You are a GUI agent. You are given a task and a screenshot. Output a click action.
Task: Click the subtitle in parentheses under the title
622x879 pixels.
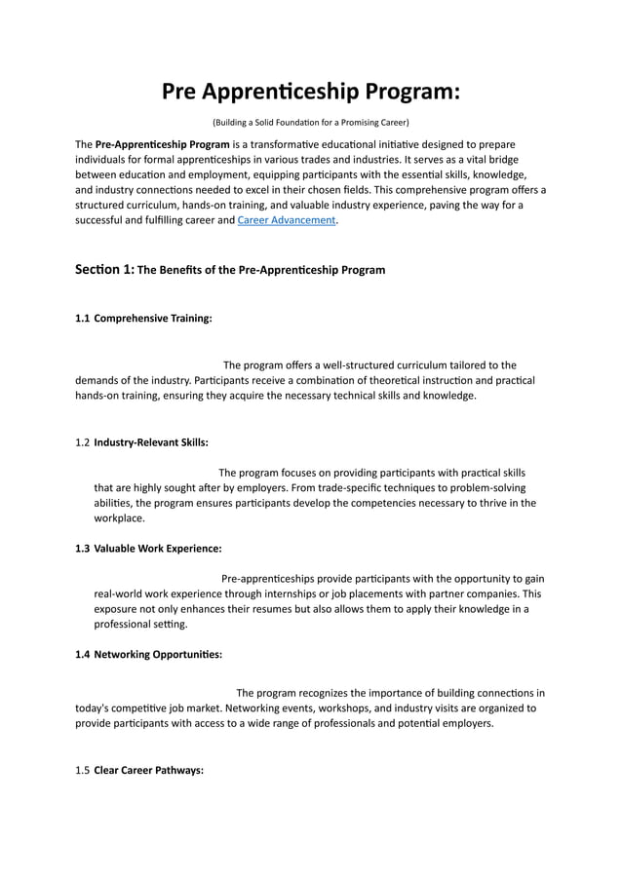pyautogui.click(x=310, y=123)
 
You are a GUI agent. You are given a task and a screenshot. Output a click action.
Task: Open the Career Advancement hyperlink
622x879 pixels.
pyautogui.click(x=287, y=221)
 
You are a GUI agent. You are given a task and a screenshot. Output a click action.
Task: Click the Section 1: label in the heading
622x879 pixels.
pyautogui.click(x=104, y=269)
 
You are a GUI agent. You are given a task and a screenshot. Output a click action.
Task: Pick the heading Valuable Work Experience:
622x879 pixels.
pyautogui.click(x=158, y=548)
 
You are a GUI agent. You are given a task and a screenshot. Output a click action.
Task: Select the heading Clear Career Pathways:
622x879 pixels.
pyautogui.click(x=148, y=770)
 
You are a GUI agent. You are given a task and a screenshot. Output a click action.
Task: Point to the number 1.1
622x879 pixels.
pyautogui.click(x=83, y=318)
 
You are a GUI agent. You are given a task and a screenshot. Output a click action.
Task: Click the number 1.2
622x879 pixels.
pyautogui.click(x=83, y=441)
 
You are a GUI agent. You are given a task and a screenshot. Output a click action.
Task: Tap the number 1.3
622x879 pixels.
pyautogui.click(x=83, y=548)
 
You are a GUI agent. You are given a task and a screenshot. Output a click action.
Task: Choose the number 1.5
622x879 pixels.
pyautogui.click(x=83, y=770)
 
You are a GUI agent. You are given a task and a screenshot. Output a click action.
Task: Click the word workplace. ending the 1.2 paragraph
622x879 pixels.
pyautogui.click(x=119, y=518)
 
